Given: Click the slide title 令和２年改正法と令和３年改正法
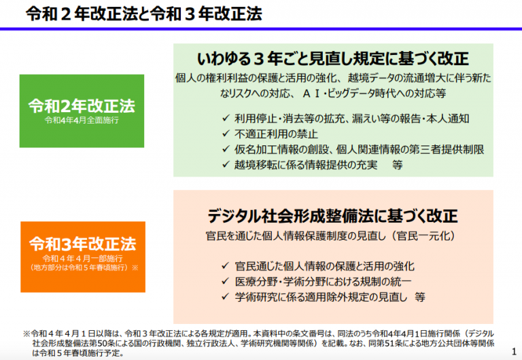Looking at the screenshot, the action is pos(144,14).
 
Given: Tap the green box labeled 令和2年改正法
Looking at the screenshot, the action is pos(82,111).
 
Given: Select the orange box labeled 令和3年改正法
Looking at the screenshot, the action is pos(83,257).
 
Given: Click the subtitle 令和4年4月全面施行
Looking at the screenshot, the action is pos(82,120).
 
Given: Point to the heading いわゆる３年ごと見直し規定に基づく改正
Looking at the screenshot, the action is pos(333,59).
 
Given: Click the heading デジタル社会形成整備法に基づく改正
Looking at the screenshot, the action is pos(333,216).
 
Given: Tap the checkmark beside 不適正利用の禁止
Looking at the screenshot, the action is pos(226,134).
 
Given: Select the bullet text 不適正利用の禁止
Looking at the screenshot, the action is pos(276,134).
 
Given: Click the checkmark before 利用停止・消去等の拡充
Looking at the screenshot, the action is pos(226,118).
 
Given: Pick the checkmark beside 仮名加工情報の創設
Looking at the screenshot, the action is pos(226,149).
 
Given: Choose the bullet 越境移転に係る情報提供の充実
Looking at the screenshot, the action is pos(306,164).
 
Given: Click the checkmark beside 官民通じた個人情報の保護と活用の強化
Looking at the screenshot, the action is pos(226,266).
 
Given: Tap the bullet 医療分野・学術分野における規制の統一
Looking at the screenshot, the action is pos(323,281).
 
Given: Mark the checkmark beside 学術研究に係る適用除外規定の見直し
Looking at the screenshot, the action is pos(226,296).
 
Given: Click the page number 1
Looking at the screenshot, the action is pos(514,351).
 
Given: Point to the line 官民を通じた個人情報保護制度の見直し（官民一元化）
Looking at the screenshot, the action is pos(330,236).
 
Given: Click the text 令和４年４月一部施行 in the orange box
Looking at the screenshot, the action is pos(82,258).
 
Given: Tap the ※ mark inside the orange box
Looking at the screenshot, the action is pos(135,268).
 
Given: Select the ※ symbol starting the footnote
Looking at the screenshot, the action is pos(27,334).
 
